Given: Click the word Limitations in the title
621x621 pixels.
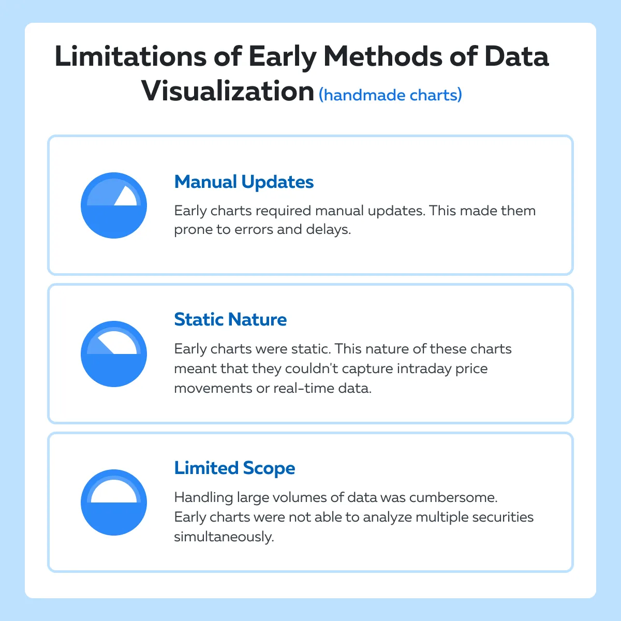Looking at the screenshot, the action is pos(130,56).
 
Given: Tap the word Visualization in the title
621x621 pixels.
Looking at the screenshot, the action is pos(228,92).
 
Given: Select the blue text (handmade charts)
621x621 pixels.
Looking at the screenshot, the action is pos(390,95).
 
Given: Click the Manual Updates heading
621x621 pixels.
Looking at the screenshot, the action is pos(244,182).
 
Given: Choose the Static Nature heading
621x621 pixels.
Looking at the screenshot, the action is pos(230,319).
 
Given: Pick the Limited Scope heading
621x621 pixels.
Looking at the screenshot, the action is pos(234,468).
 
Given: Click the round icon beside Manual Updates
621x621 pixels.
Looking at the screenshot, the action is pos(114,205).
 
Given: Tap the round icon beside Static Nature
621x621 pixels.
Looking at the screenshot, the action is pos(114,354).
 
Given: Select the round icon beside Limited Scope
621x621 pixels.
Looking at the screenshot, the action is pos(114,502).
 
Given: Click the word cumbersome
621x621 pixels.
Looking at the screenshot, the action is pos(453,497).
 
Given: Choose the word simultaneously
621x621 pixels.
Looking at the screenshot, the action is pos(224,537).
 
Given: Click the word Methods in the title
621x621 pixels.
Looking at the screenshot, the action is pos(383,56).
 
